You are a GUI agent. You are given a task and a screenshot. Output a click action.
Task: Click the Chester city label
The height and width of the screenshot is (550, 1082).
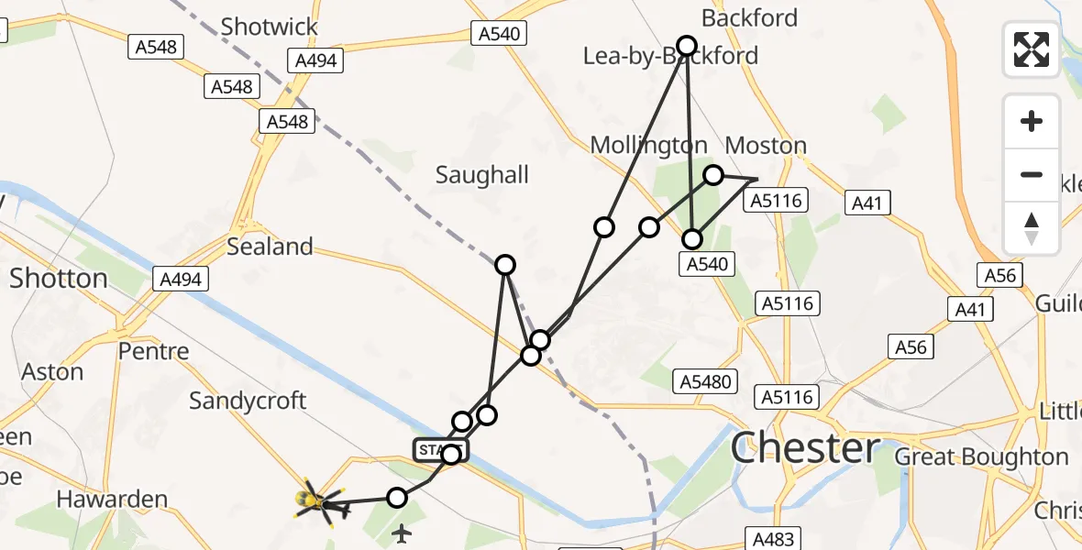(805, 449)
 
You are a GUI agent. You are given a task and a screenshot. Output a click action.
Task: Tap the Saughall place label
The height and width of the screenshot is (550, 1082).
(482, 174)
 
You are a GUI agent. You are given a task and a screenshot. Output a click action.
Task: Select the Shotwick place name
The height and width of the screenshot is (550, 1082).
(269, 27)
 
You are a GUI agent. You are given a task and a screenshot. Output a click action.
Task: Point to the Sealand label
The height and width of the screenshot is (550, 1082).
(270, 247)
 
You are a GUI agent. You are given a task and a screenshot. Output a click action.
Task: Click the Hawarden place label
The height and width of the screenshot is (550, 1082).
(112, 500)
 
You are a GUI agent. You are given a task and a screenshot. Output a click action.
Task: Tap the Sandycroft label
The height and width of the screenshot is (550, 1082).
(248, 401)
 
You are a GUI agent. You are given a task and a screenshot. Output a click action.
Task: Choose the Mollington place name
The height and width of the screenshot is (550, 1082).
(648, 145)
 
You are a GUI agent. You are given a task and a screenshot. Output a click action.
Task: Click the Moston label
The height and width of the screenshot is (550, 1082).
(766, 145)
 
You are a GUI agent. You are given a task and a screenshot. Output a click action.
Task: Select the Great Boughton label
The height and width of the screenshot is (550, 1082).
(981, 456)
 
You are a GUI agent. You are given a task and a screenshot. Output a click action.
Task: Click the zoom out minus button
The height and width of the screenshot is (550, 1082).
(1032, 174)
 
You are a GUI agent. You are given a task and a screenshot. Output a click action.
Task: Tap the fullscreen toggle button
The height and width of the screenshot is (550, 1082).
(1032, 49)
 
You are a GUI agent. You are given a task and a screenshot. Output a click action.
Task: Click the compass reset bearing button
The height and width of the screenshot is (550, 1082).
(1032, 227)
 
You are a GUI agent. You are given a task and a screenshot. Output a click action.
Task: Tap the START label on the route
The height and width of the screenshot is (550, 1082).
(441, 450)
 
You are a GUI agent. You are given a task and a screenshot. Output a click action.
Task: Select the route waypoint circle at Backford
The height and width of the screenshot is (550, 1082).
(687, 45)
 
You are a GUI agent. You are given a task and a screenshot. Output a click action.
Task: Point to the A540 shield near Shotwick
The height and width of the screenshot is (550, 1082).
(500, 34)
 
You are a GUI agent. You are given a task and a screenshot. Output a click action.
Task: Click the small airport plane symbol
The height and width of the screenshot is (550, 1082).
(402, 533)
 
